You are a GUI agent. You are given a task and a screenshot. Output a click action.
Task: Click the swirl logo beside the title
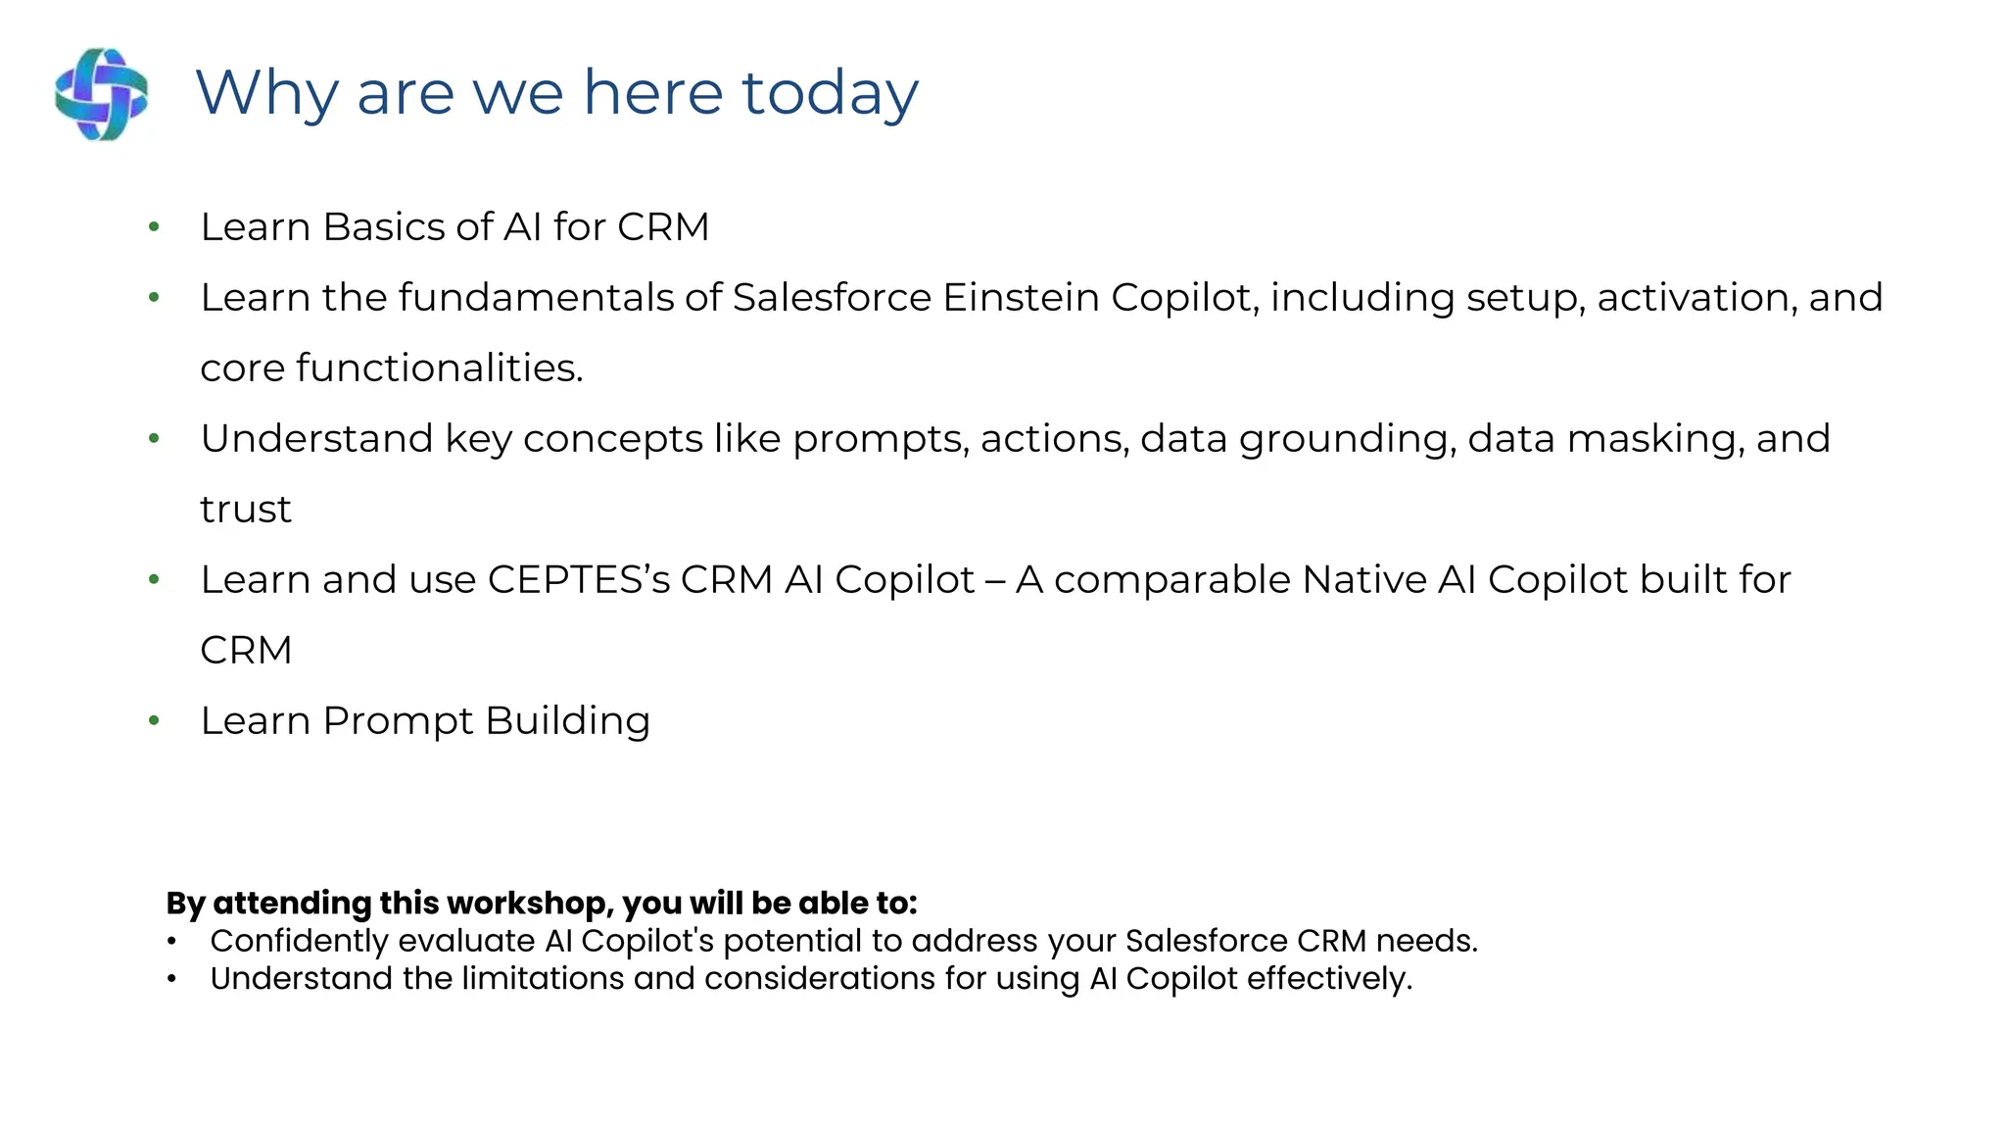click(102, 94)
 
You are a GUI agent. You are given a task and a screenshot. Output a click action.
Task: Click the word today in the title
click(830, 94)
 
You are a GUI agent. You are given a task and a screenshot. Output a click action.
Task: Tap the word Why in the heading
click(266, 94)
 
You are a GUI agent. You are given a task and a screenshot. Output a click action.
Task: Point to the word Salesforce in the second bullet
click(832, 298)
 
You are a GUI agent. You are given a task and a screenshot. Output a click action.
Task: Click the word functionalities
click(439, 368)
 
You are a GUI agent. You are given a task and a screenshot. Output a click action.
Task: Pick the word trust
click(245, 510)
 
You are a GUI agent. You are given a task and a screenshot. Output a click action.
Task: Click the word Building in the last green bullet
click(567, 721)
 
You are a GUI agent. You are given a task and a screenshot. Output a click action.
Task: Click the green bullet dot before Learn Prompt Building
click(154, 721)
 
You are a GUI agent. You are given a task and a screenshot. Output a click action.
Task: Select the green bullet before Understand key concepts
click(154, 439)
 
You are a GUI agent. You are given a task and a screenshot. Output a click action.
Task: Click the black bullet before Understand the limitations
click(171, 978)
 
